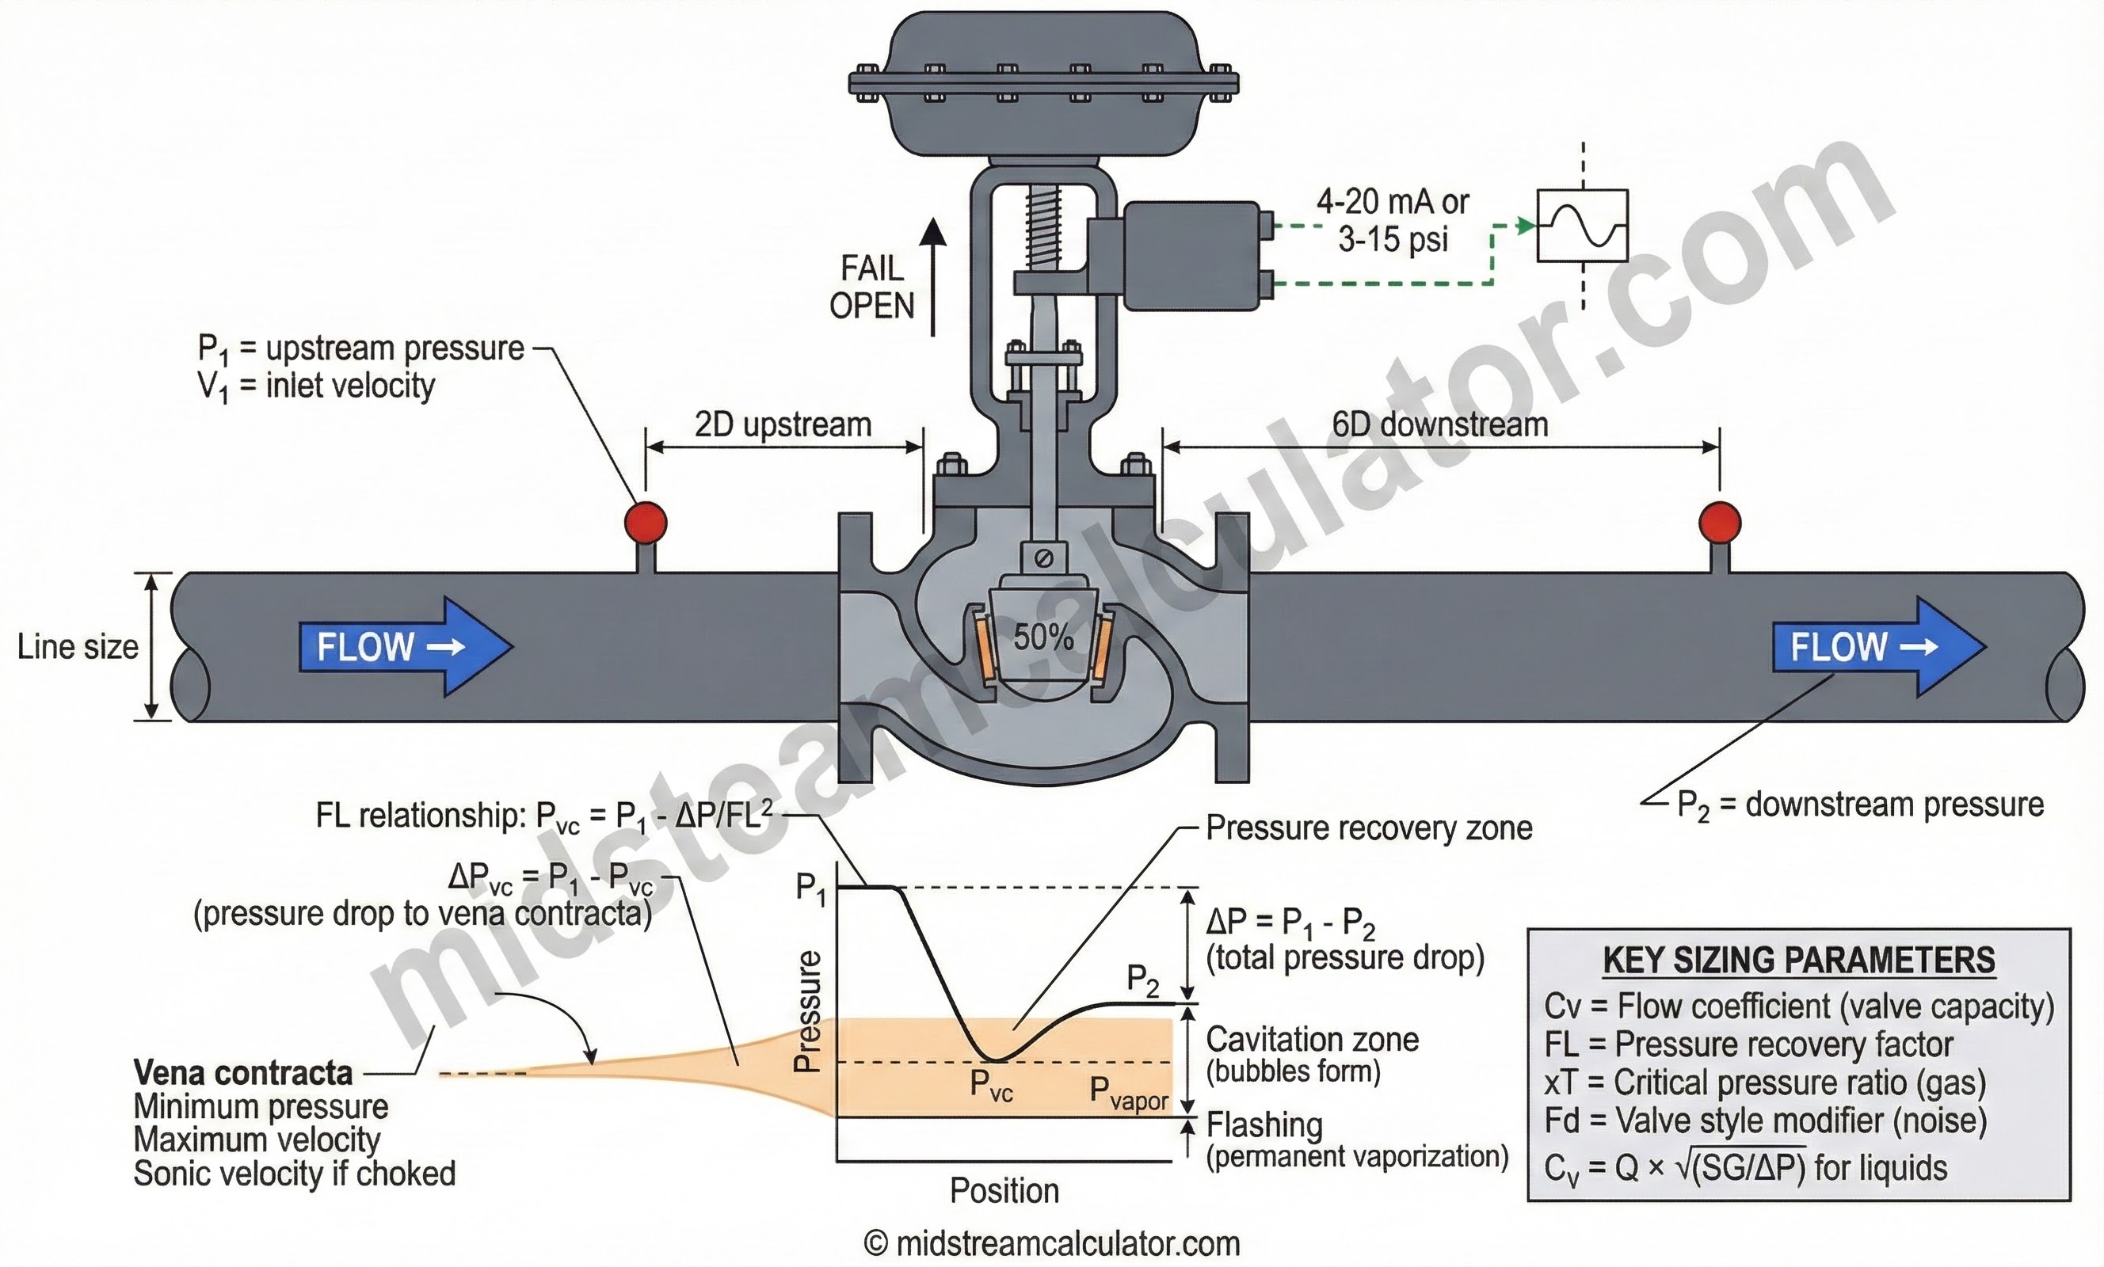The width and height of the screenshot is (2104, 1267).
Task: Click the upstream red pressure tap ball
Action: [x=646, y=522]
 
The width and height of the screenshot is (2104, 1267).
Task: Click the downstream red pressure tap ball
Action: [x=1719, y=522]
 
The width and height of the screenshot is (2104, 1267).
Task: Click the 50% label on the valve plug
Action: [x=1042, y=637]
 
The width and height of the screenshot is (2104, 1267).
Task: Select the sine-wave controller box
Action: [x=1582, y=226]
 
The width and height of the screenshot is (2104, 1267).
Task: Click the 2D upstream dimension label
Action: [x=782, y=424]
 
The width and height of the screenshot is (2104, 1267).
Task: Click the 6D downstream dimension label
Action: [x=1439, y=424]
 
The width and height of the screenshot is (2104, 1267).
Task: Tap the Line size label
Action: [x=78, y=646]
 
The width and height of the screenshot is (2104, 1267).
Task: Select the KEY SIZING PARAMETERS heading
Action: [x=1798, y=961]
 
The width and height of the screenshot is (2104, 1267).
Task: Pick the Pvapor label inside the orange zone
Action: [x=1128, y=1093]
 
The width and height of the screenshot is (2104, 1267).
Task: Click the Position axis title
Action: [x=1004, y=1190]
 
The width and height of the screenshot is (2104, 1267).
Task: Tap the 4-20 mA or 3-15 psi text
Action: [x=1392, y=220]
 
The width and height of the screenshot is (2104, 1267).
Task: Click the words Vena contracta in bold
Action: [x=243, y=1072]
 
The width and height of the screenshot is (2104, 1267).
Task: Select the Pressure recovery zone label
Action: [x=1369, y=828]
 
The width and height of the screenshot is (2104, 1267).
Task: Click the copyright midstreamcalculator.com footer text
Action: [x=1052, y=1244]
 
